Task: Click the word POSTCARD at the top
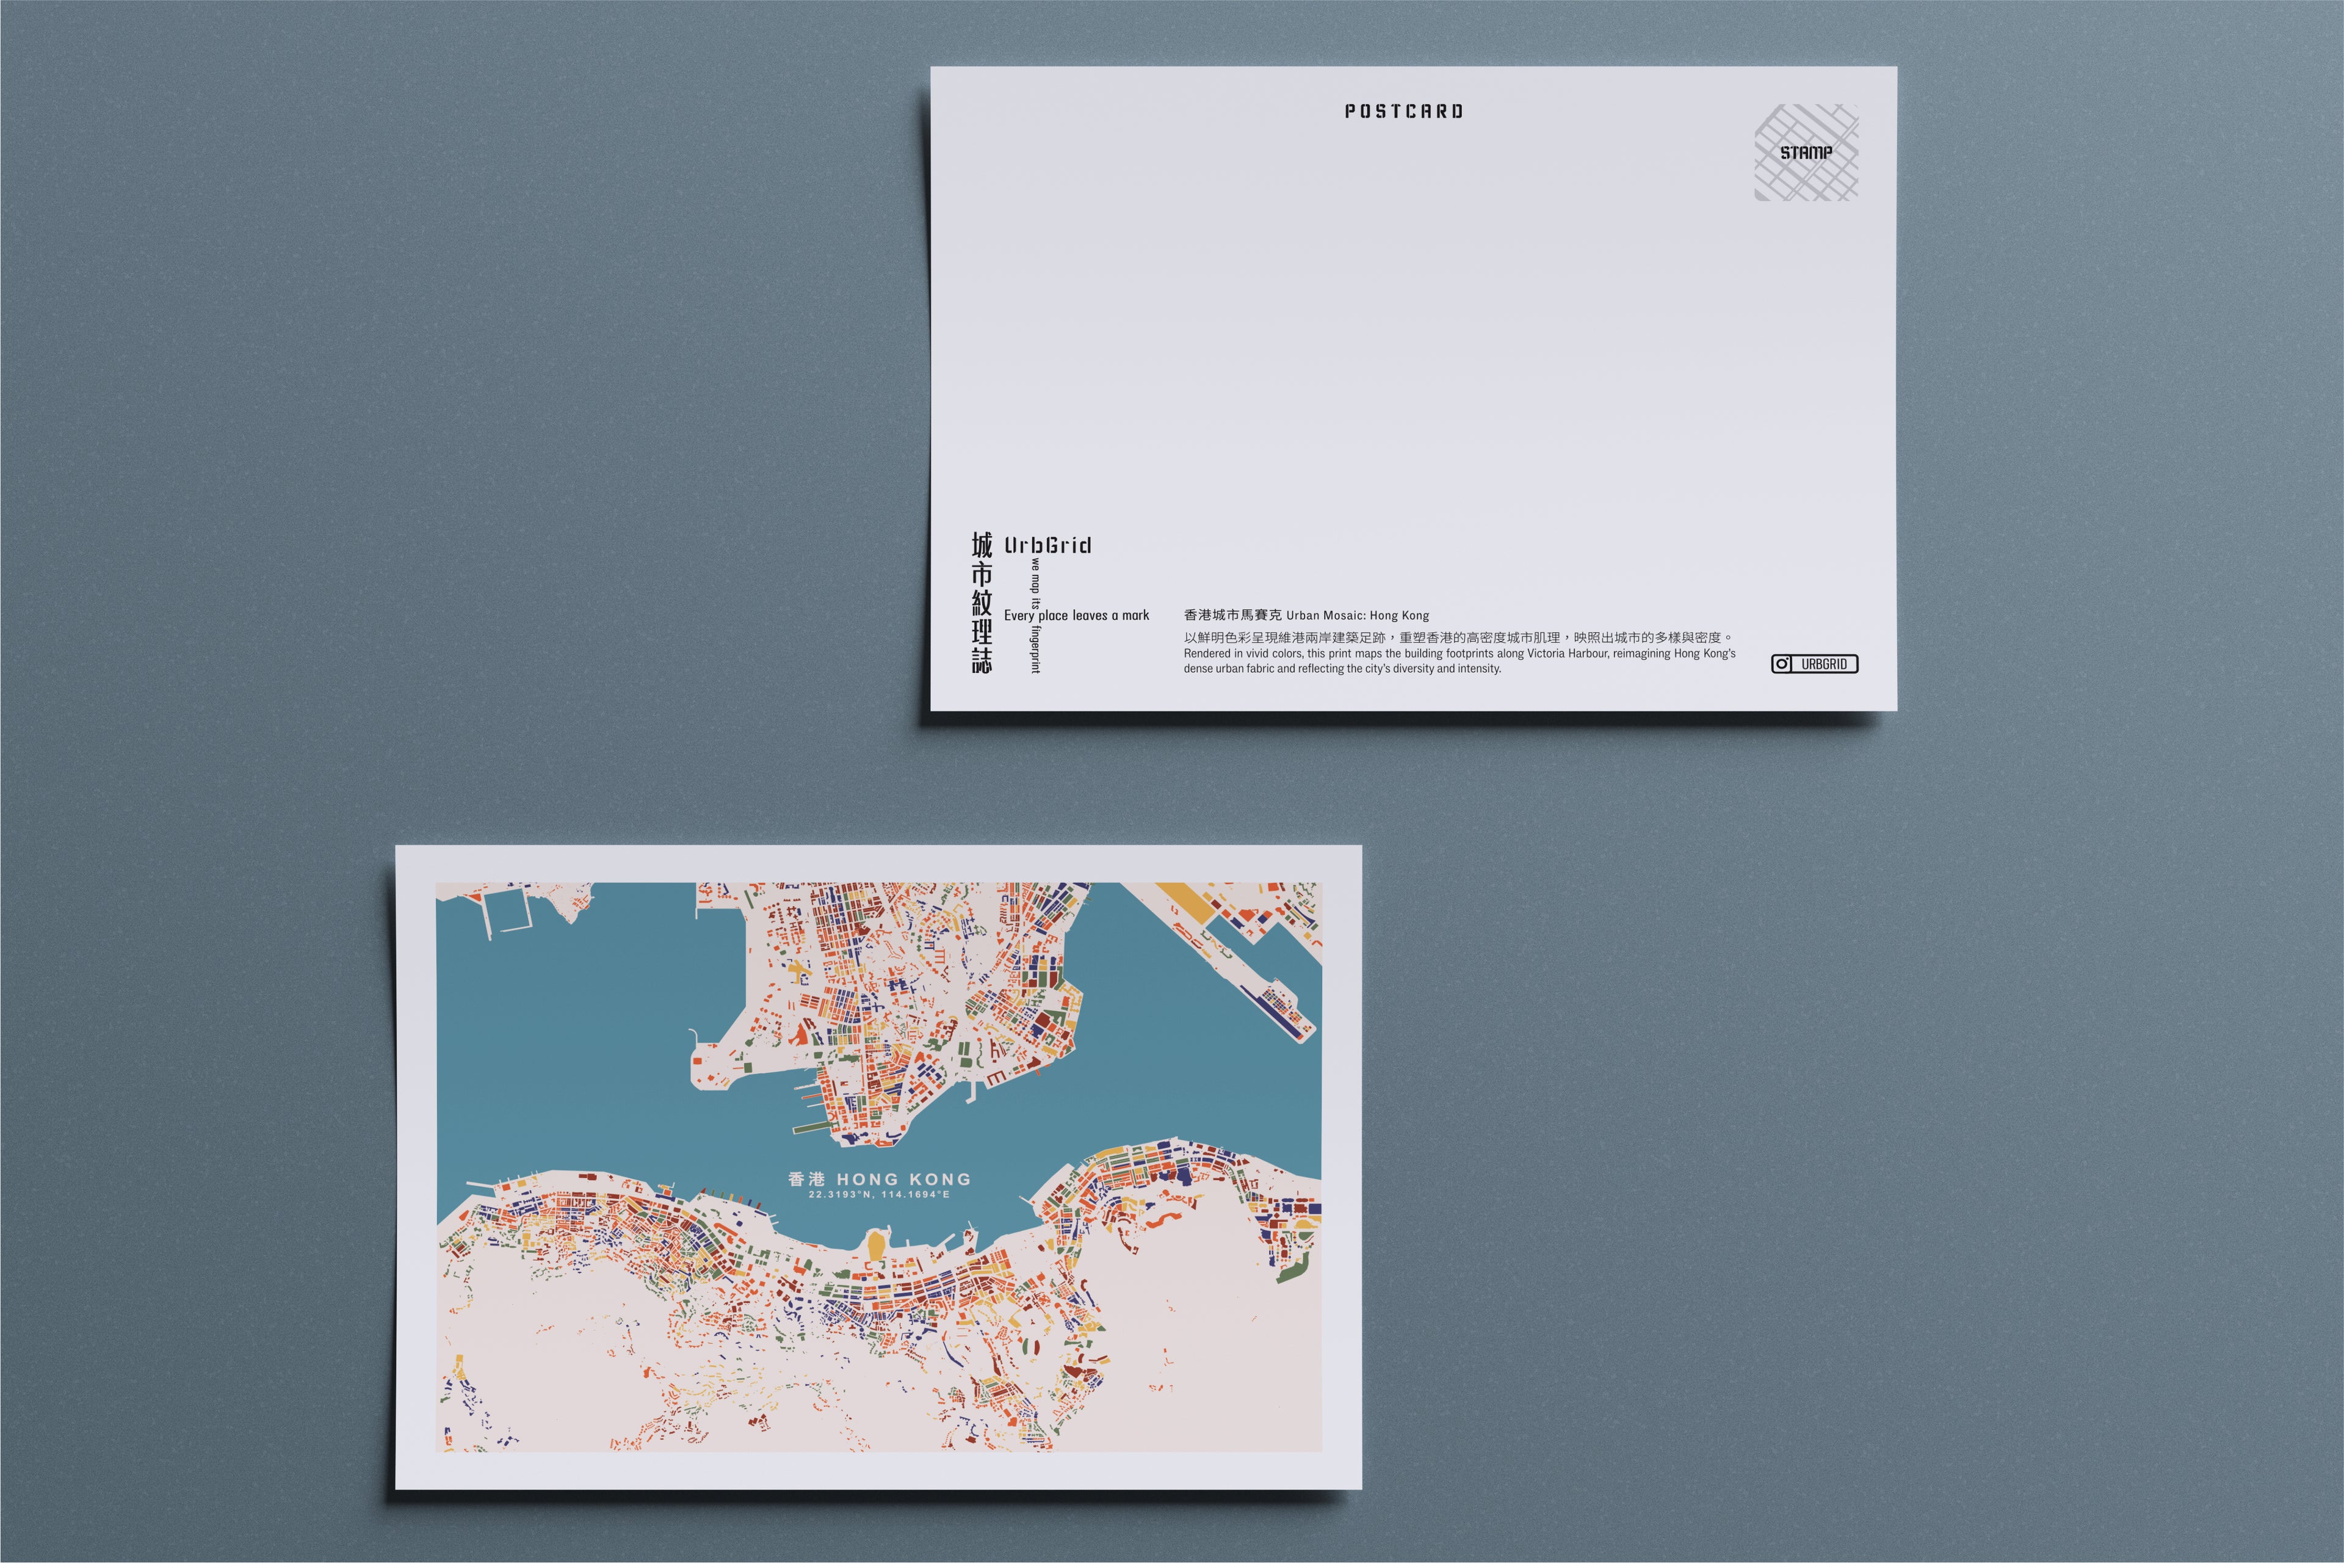(1403, 112)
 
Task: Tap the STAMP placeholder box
(1806, 153)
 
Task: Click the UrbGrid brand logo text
(1047, 545)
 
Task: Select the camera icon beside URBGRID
(1782, 664)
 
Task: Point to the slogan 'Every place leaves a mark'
(1076, 616)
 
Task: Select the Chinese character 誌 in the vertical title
(982, 660)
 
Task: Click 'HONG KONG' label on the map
(903, 1179)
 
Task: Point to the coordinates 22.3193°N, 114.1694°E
(879, 1194)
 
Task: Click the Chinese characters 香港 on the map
(806, 1179)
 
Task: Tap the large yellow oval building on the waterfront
(875, 1245)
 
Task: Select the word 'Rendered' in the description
(1206, 654)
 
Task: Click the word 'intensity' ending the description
(1479, 669)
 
